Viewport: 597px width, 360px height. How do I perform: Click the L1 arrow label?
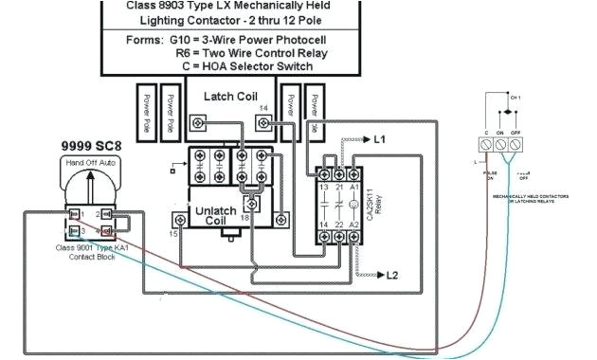tap(379, 139)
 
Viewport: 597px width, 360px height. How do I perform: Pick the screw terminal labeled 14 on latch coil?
tap(265, 121)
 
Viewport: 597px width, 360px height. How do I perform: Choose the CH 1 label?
tap(516, 98)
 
